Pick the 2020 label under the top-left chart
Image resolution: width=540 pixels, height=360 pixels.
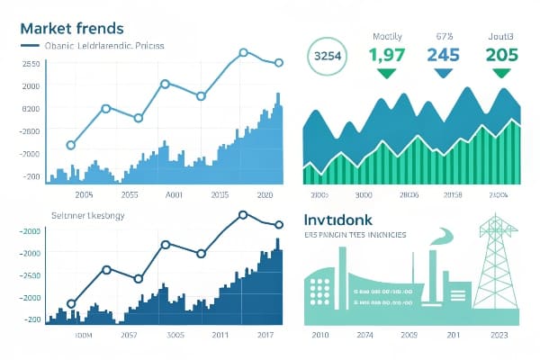(265, 194)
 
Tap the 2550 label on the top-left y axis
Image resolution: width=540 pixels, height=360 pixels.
(31, 64)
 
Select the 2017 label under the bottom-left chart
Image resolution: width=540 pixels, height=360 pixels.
(265, 336)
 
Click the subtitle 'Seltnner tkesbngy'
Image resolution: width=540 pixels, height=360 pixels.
(89, 218)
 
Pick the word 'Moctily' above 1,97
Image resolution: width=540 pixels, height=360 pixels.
(387, 37)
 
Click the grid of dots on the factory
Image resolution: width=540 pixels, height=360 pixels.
(321, 290)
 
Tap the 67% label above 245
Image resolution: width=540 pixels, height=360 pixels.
(443, 37)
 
